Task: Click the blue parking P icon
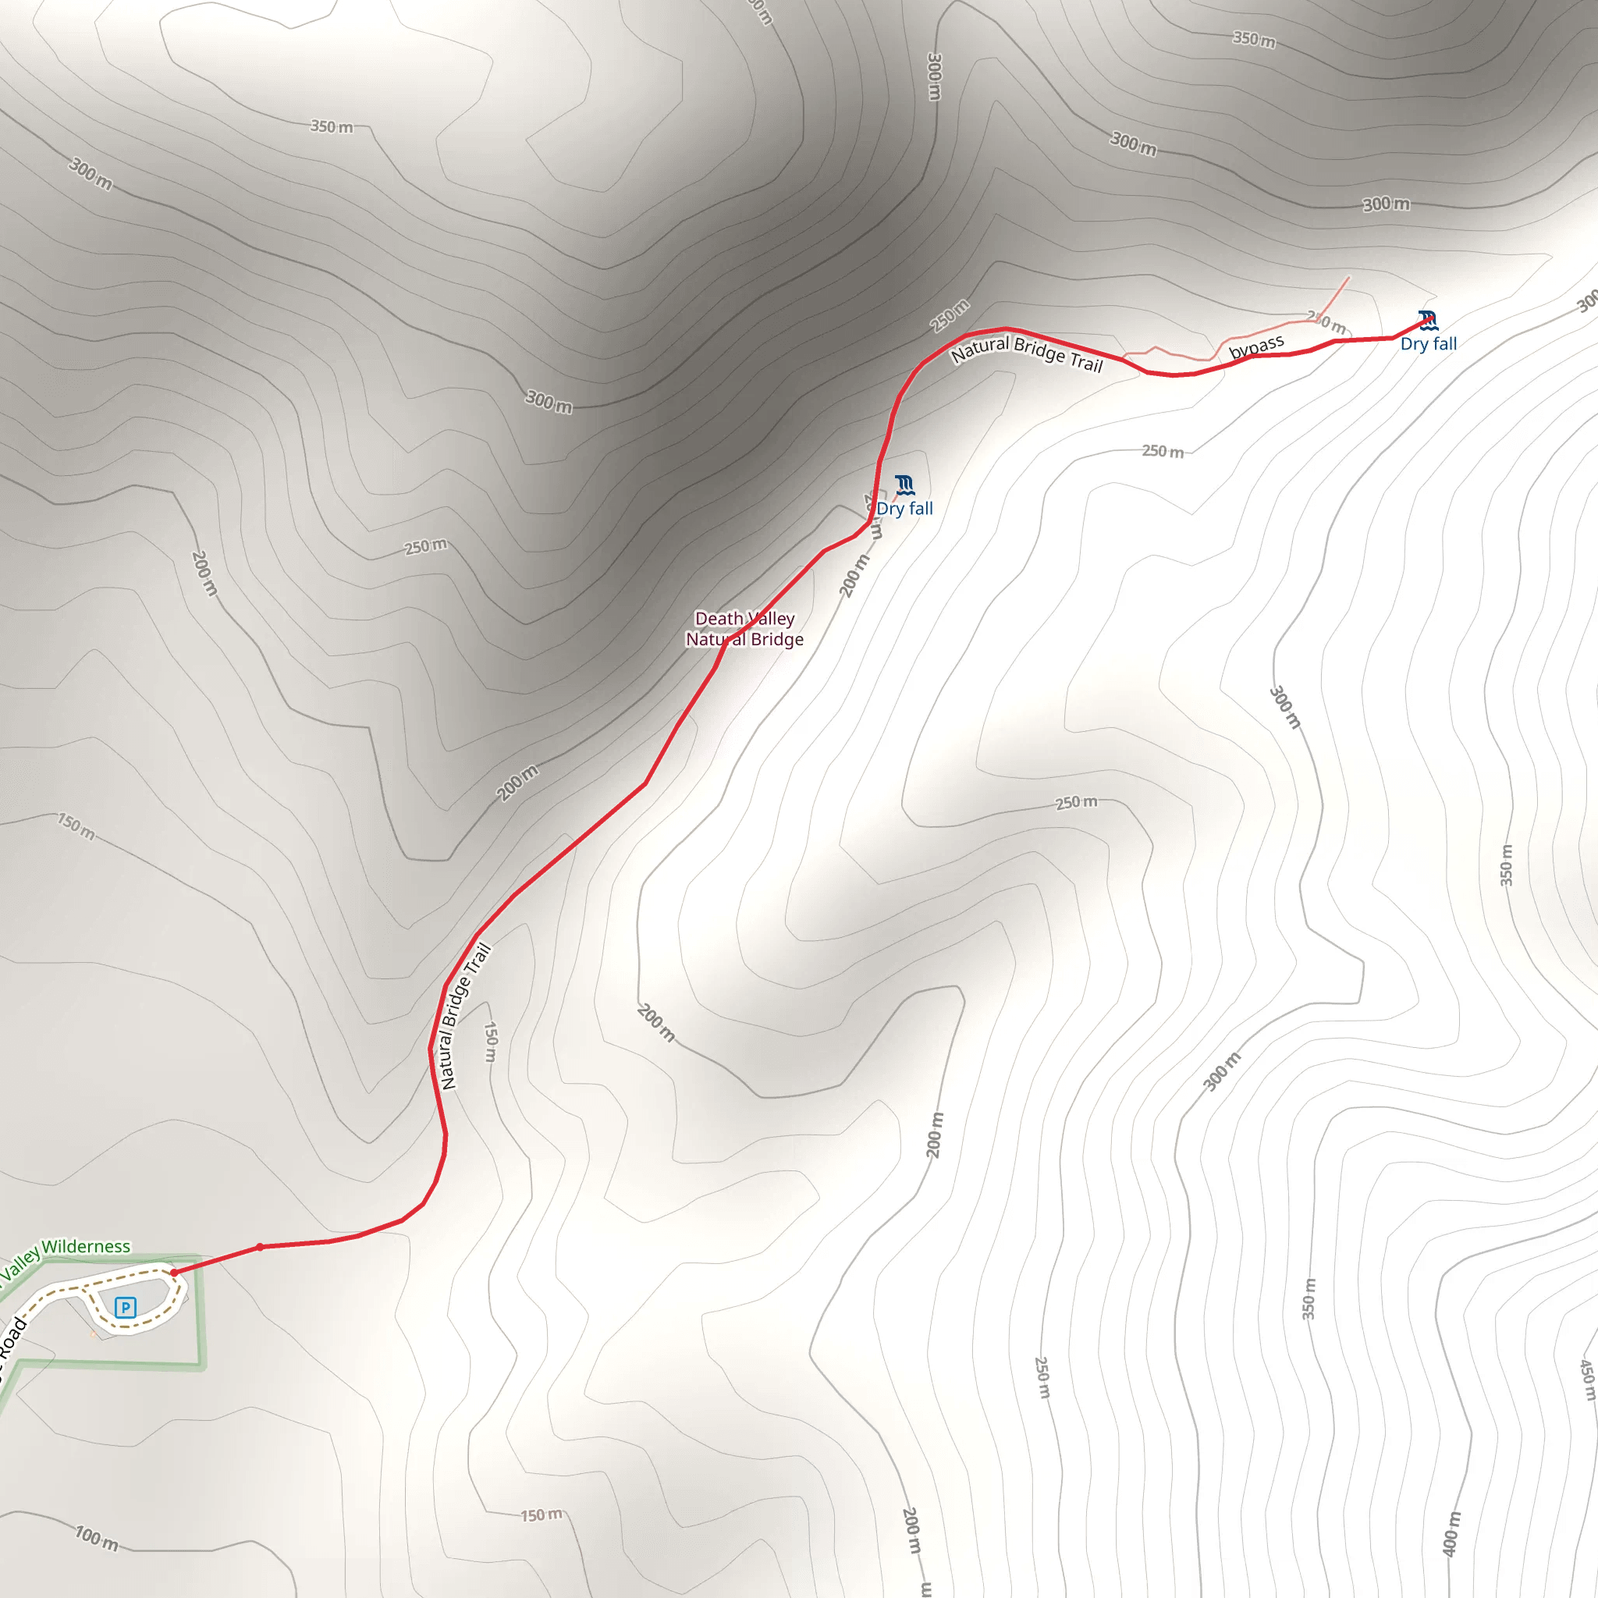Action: [x=125, y=1307]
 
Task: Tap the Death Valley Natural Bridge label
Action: [x=744, y=629]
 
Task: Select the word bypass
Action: [x=1255, y=346]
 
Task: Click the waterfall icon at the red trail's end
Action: [x=1427, y=320]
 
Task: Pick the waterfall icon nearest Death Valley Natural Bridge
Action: [x=905, y=485]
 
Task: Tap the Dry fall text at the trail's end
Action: [x=1429, y=344]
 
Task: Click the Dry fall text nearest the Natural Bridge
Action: [x=904, y=509]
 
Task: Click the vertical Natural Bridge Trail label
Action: [x=466, y=1017]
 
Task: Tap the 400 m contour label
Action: [x=1451, y=1533]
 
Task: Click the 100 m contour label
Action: [x=97, y=1539]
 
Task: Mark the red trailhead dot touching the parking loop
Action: [x=175, y=1272]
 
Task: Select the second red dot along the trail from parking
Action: [x=260, y=1246]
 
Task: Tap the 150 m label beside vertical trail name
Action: [x=491, y=1042]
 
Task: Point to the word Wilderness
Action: [x=86, y=1246]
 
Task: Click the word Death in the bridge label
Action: [x=718, y=619]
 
